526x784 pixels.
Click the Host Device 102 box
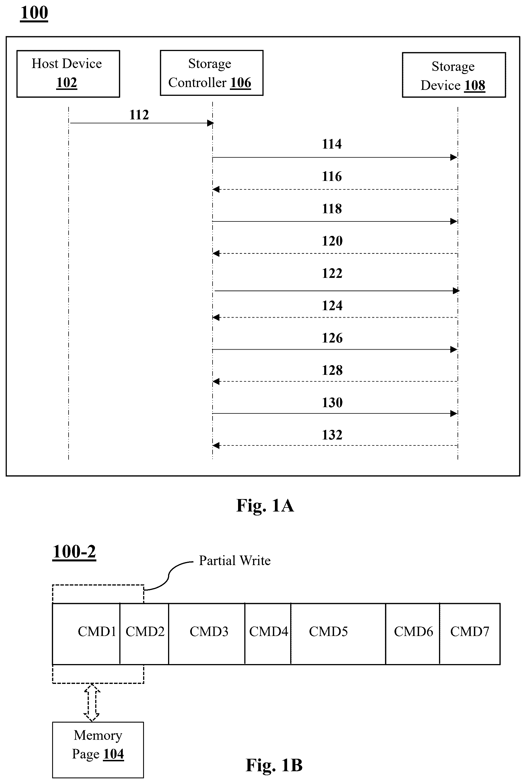click(x=68, y=74)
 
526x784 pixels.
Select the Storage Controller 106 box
click(x=211, y=73)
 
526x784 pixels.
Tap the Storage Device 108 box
click(x=454, y=75)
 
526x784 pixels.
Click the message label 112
click(x=139, y=115)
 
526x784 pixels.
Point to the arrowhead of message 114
click(x=453, y=157)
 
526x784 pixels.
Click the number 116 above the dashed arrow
click(x=332, y=176)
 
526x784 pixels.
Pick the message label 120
click(x=332, y=241)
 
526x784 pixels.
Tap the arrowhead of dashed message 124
click(x=216, y=317)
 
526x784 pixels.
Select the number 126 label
click(x=332, y=338)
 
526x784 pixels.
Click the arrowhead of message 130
click(x=453, y=413)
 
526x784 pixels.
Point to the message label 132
click(x=332, y=435)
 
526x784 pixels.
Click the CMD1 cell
click(x=86, y=634)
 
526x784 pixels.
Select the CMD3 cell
click(x=207, y=634)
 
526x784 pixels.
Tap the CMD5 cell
click(x=338, y=634)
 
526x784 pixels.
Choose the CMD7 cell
click(x=470, y=634)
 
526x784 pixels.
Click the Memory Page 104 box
click(x=98, y=750)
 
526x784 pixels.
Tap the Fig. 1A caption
click(x=265, y=506)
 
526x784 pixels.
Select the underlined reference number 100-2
click(x=74, y=551)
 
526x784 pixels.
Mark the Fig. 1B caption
click(x=274, y=765)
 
